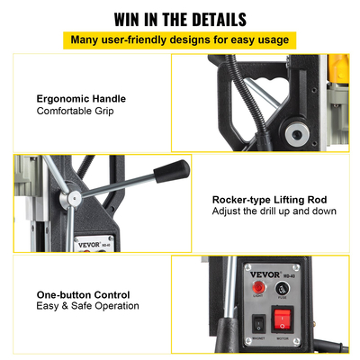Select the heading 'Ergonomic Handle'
pos(81,99)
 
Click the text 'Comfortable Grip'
pos(76,112)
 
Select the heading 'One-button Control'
pos(83,294)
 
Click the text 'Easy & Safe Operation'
pos(88,307)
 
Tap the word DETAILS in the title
pos(213,17)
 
